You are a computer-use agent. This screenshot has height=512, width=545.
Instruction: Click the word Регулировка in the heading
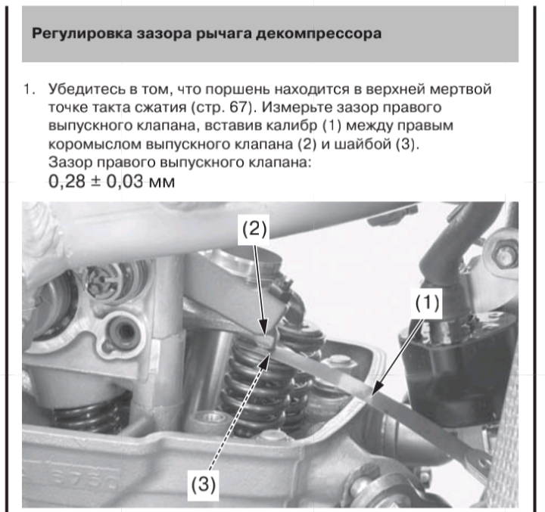pos(82,34)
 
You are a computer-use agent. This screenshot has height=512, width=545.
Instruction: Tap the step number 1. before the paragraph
pos(30,89)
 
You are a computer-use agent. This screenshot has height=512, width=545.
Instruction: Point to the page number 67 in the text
pos(238,107)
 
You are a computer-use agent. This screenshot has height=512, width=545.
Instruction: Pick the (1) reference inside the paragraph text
pos(332,126)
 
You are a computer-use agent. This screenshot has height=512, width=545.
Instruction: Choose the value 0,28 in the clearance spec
pos(67,181)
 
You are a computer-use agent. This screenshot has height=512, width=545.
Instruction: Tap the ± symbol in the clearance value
pos(95,182)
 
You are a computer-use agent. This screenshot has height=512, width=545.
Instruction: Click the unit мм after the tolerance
pos(162,183)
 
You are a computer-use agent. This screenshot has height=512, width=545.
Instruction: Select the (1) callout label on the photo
pos(427,303)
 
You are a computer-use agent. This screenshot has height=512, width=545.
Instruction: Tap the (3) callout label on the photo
pos(204,483)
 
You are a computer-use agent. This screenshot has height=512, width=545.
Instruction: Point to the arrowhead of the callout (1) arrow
pos(375,388)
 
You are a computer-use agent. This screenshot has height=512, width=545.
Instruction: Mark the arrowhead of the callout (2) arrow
pos(264,328)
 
